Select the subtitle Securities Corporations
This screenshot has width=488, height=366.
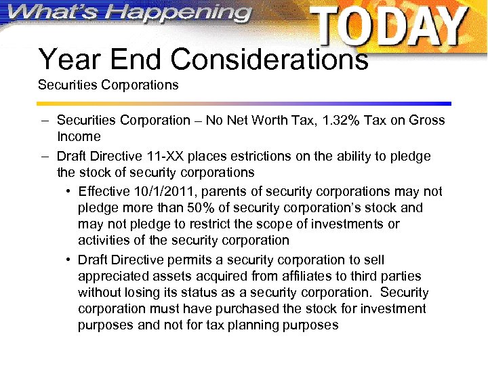[108, 85]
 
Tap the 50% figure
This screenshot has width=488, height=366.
[177, 207]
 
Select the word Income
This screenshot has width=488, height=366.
[79, 136]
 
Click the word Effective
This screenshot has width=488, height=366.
[104, 191]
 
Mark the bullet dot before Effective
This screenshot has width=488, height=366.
[70, 191]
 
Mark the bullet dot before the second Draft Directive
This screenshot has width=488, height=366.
[70, 260]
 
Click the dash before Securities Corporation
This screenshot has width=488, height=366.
[45, 120]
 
